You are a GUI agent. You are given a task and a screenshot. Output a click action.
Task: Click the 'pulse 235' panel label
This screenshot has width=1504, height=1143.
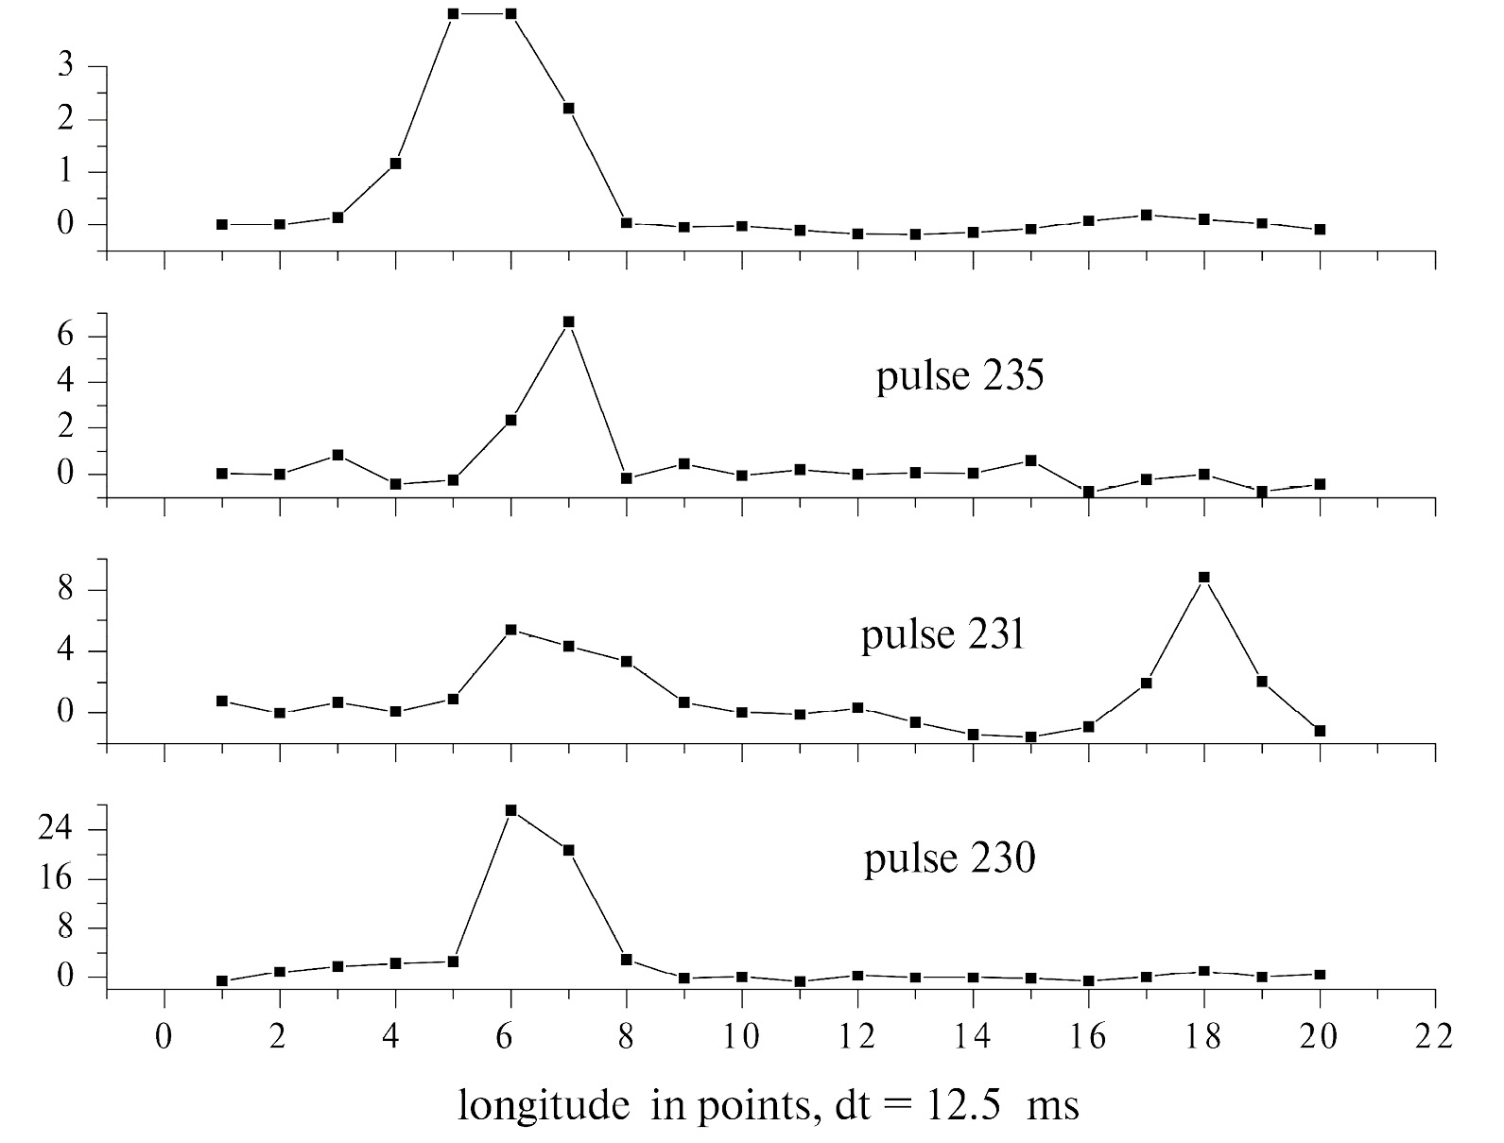959,377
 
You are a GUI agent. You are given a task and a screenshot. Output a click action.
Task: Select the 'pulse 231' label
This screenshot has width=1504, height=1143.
942,634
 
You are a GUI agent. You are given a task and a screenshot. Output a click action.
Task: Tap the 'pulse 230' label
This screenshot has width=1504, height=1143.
949,860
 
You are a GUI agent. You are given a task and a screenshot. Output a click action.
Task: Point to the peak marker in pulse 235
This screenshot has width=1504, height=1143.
568,322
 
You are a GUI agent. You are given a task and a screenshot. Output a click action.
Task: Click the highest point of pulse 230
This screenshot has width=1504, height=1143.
510,810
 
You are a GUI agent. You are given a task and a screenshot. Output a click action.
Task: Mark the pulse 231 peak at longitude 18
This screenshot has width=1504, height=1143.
1203,577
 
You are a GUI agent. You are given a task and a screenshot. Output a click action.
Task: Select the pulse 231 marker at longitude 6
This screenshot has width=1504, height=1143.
510,630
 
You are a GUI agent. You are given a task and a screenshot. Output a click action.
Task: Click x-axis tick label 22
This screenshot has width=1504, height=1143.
1434,1037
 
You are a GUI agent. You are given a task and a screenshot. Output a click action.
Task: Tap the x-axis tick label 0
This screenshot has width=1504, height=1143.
164,1037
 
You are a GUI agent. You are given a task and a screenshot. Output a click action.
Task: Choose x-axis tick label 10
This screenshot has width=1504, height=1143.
741,1037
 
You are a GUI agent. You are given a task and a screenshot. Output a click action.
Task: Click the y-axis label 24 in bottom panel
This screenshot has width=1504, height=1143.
69,829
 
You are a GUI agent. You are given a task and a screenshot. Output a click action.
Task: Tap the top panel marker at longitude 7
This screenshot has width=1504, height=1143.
568,108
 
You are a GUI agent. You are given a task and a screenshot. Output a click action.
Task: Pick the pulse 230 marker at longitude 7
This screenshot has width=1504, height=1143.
568,850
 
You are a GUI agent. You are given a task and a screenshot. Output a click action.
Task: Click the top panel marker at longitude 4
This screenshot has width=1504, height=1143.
395,164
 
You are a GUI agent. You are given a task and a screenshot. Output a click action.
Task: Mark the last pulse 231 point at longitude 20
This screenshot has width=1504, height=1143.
1320,731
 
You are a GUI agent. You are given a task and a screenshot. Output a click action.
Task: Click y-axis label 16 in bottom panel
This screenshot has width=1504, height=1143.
69,879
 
